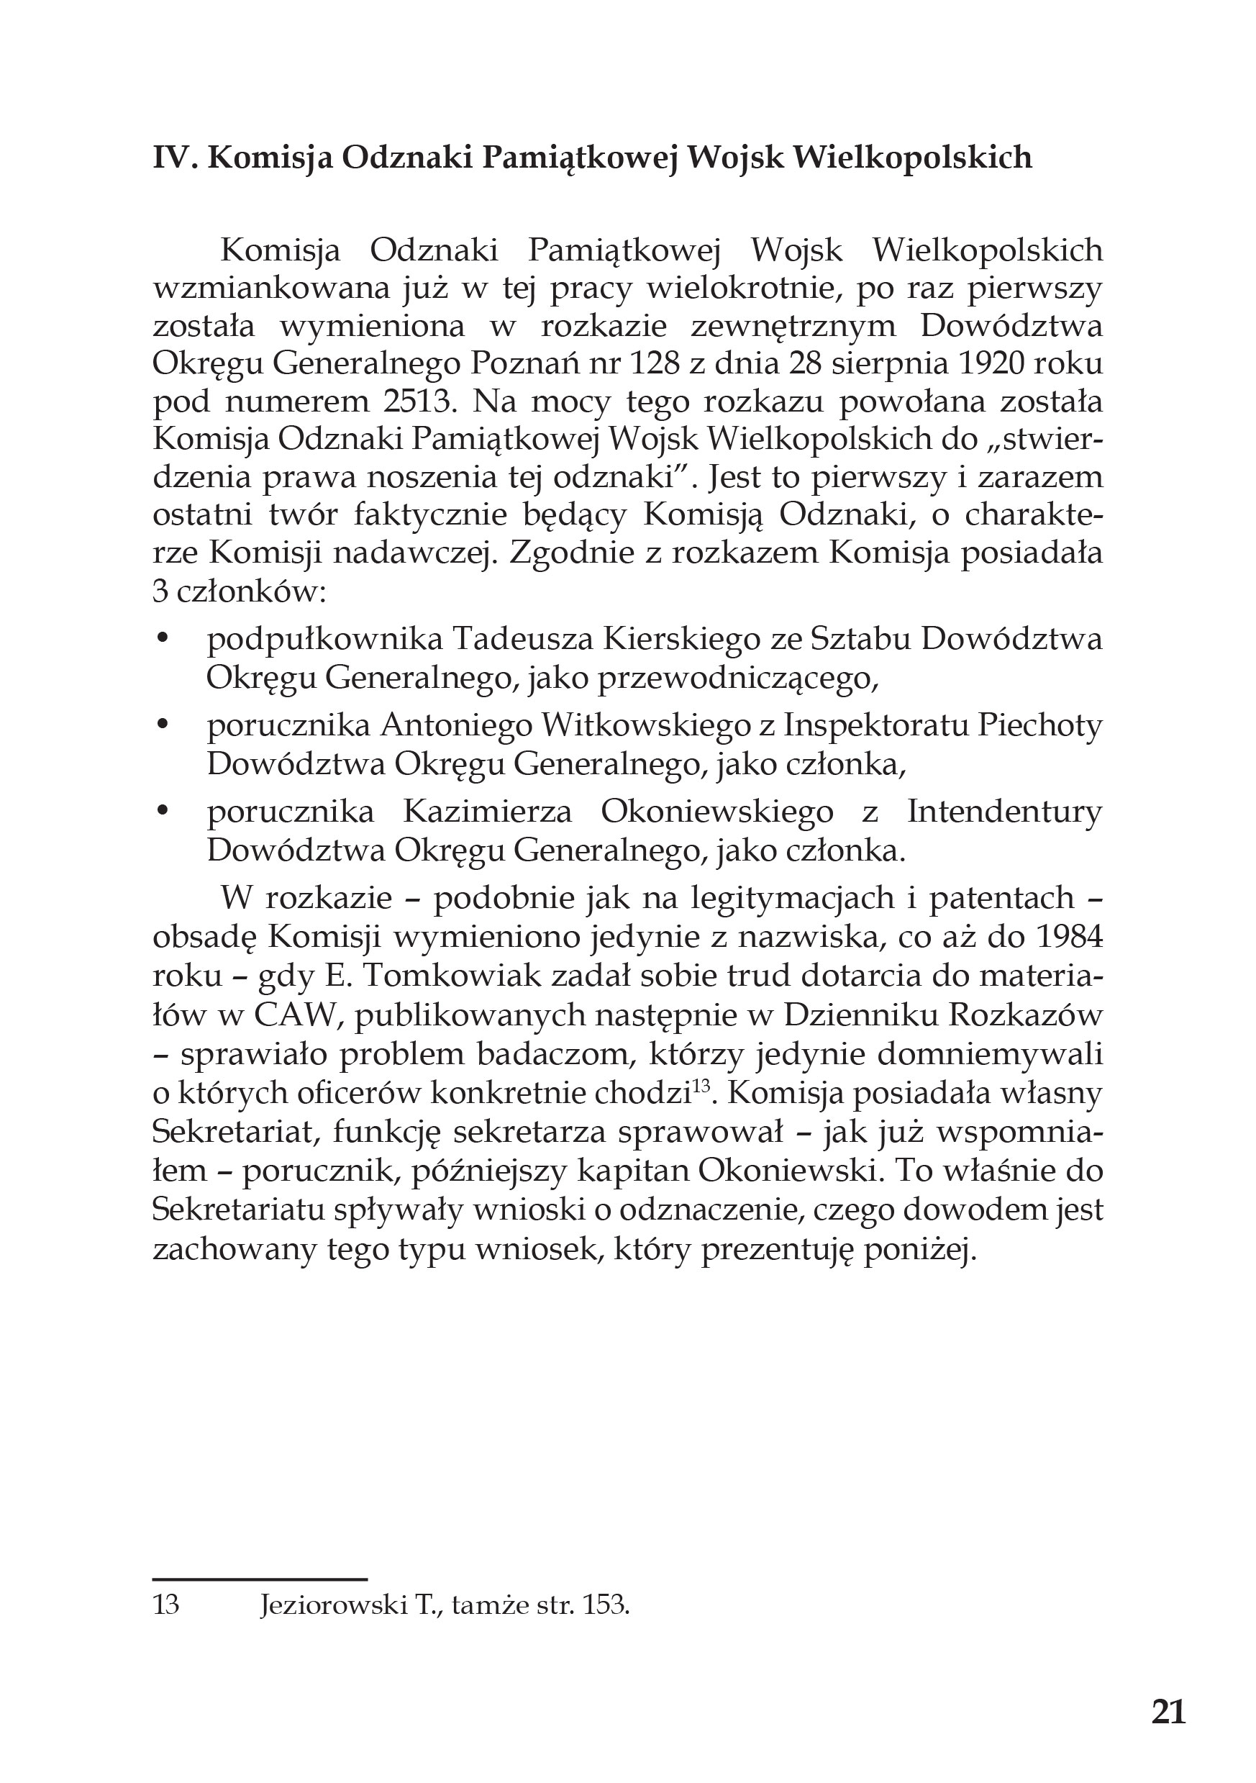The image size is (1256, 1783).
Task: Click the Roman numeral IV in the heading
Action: pos(170,158)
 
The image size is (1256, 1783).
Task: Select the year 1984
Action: pos(1068,938)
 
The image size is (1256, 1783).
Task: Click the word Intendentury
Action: pos(1004,812)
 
